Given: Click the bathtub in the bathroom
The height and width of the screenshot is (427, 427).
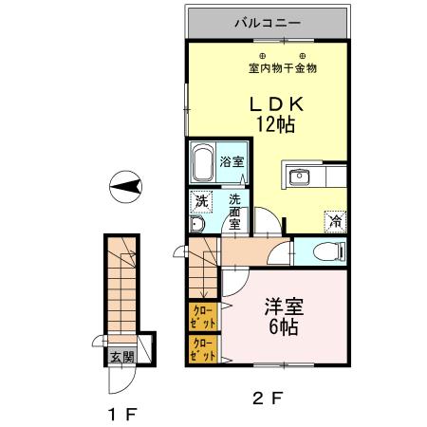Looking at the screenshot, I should [201, 164].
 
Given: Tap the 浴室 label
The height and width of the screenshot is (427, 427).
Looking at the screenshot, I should [231, 161].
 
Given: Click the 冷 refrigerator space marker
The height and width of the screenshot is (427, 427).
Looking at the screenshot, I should [336, 219].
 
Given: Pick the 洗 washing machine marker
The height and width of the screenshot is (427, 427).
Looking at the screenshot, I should [200, 200].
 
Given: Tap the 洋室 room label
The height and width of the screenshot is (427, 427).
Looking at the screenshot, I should [283, 307].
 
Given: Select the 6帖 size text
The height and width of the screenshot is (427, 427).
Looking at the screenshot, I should [283, 329].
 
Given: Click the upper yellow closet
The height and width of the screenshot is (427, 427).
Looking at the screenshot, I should [202, 314].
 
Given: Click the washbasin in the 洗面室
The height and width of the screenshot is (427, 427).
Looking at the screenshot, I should [195, 225].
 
